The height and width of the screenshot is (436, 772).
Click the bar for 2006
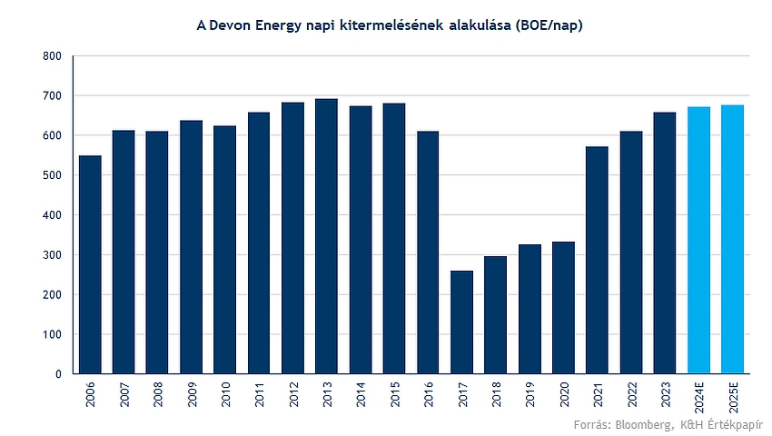[x=90, y=264]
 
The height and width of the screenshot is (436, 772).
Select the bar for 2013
[x=326, y=236]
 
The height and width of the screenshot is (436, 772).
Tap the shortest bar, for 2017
[x=461, y=322]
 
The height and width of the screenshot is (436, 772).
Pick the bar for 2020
[x=563, y=307]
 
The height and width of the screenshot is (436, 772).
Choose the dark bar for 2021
[x=598, y=260]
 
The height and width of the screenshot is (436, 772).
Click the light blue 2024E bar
[x=698, y=240]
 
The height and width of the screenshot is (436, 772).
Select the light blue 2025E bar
[x=733, y=239]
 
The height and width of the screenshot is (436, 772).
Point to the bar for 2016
[x=428, y=253]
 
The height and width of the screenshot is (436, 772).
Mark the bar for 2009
[x=191, y=247]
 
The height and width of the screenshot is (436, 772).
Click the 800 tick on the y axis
[x=52, y=56]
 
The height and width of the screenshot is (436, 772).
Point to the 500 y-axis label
[x=52, y=175]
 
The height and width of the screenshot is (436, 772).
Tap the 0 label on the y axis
[x=59, y=374]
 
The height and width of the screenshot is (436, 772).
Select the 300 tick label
[x=52, y=255]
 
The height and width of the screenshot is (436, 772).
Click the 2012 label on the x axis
[x=294, y=394]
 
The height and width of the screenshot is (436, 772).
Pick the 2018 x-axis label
[x=496, y=394]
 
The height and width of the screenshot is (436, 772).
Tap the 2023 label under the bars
[x=666, y=394]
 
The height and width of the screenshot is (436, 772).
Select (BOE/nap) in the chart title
[x=549, y=25]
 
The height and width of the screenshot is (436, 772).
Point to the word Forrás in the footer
[x=592, y=424]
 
